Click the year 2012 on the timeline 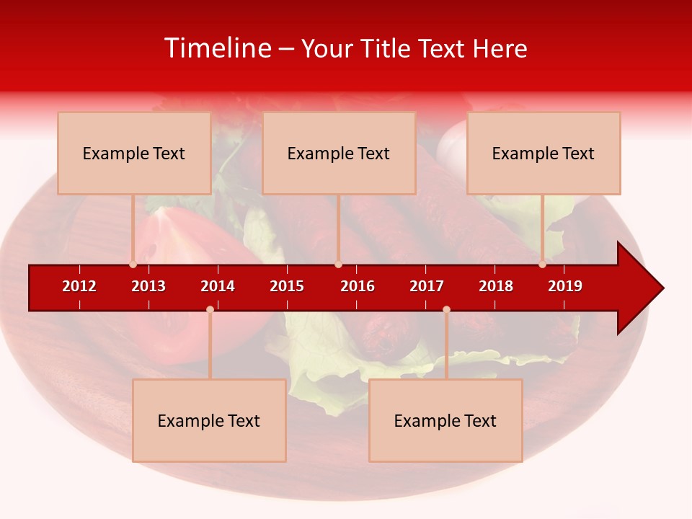(79, 286)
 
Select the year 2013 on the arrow (148, 286)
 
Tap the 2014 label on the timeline (218, 286)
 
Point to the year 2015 (287, 286)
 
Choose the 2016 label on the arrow (358, 286)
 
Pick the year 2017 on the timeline (427, 286)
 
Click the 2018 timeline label (496, 286)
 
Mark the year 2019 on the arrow (565, 286)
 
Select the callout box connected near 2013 (134, 153)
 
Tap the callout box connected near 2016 (339, 153)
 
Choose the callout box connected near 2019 (544, 153)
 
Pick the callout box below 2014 (209, 420)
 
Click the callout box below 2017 (445, 420)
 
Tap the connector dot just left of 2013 (133, 265)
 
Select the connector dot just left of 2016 (338, 265)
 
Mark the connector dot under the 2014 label (210, 309)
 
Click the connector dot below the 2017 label (446, 309)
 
